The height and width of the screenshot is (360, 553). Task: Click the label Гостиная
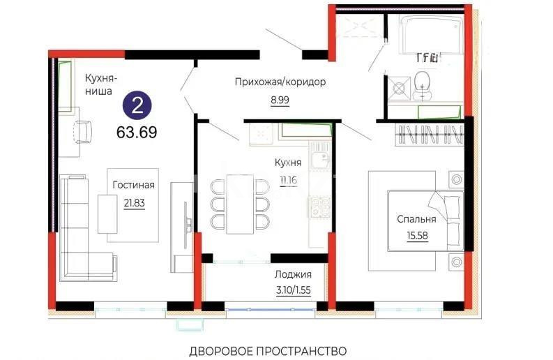tap(133, 185)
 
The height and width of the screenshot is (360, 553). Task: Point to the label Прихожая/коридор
tap(280, 82)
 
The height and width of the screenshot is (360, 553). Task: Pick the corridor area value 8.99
tap(280, 100)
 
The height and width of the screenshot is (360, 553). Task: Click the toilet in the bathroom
tap(422, 87)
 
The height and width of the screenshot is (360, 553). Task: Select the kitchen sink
tap(321, 157)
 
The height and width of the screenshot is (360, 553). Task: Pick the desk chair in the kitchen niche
tap(83, 130)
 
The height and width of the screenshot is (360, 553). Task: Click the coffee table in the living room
tap(107, 213)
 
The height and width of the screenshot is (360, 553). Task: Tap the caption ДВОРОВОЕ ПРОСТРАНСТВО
tap(267, 350)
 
